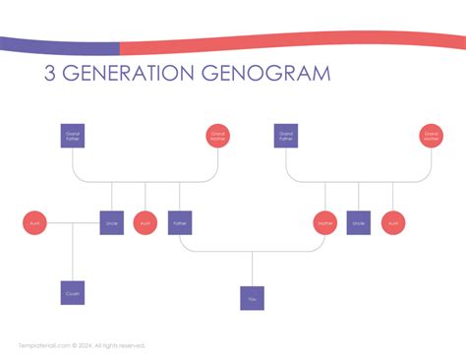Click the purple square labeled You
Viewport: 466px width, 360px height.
point(253,298)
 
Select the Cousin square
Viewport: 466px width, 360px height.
point(73,292)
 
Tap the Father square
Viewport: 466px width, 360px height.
point(180,223)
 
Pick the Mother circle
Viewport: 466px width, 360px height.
point(325,223)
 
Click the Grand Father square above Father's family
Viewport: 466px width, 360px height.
point(73,136)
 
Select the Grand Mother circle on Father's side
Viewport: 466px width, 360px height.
point(218,136)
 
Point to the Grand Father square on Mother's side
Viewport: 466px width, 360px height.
point(286,136)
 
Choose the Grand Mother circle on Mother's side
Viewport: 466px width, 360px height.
point(431,136)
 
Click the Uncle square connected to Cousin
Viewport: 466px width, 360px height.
point(111,223)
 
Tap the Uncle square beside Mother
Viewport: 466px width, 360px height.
point(359,223)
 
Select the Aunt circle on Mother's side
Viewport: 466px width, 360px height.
point(393,223)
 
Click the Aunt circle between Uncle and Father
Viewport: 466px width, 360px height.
point(146,223)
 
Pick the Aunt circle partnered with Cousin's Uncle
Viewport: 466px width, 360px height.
point(34,223)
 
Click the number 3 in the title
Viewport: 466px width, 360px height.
point(50,74)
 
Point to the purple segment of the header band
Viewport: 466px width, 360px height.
point(59,45)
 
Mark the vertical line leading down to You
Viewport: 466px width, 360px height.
point(253,269)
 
